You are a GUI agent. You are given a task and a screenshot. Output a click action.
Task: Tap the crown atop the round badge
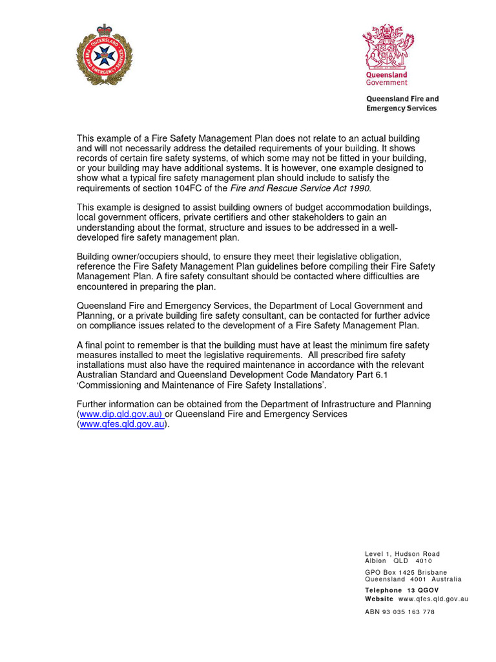click(x=104, y=30)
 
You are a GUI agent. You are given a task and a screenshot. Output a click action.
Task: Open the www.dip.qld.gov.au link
click(x=119, y=414)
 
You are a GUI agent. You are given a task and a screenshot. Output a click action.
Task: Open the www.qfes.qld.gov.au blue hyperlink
click(x=121, y=424)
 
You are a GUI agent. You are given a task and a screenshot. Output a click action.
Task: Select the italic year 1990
click(x=360, y=188)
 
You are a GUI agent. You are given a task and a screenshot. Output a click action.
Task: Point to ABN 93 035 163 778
click(x=400, y=612)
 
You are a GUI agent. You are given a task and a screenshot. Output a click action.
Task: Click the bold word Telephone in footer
click(x=383, y=590)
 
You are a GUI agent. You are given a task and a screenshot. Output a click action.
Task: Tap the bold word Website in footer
click(x=379, y=599)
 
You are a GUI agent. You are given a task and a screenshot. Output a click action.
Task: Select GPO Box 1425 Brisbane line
click(x=406, y=572)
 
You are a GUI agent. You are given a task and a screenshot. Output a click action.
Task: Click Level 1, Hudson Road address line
click(x=402, y=554)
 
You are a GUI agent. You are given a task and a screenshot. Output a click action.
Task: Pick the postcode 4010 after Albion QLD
click(x=424, y=561)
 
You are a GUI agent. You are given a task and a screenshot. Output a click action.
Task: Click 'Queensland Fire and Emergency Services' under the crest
click(x=402, y=103)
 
